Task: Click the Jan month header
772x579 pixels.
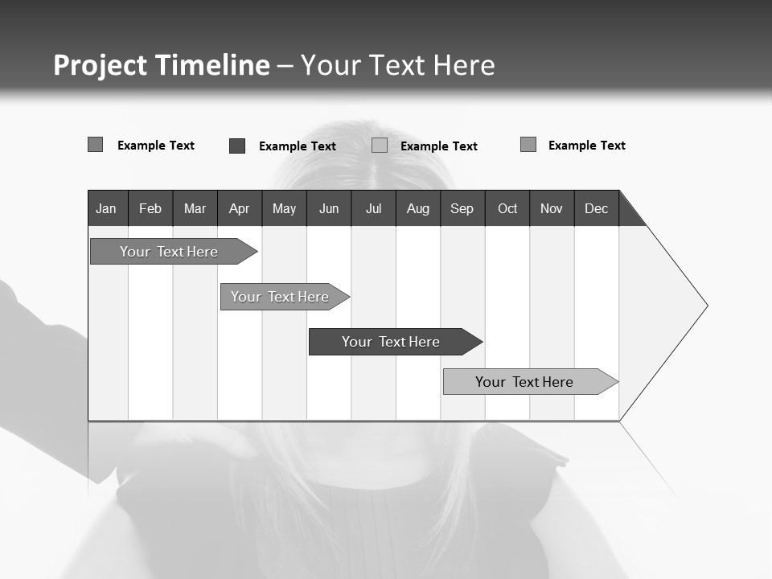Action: click(106, 208)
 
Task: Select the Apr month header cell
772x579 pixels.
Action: click(239, 208)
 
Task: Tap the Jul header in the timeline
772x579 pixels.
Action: click(373, 208)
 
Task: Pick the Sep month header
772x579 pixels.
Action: click(462, 208)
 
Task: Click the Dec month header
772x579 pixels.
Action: click(596, 208)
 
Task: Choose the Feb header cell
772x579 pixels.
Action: click(150, 208)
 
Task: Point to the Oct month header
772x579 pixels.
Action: click(507, 208)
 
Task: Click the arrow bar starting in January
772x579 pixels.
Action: click(169, 252)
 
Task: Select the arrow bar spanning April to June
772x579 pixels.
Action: click(280, 297)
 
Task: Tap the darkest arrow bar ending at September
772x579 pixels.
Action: click(391, 342)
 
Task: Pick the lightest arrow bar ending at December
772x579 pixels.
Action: click(524, 382)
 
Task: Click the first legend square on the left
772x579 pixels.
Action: click(96, 145)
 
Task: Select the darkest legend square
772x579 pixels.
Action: click(237, 146)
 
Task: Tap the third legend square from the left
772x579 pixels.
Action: click(380, 146)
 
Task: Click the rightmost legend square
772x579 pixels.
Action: click(528, 145)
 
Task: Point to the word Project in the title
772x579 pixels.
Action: click(100, 65)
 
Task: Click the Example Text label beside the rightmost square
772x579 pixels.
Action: click(586, 146)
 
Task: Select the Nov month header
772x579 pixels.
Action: click(551, 208)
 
